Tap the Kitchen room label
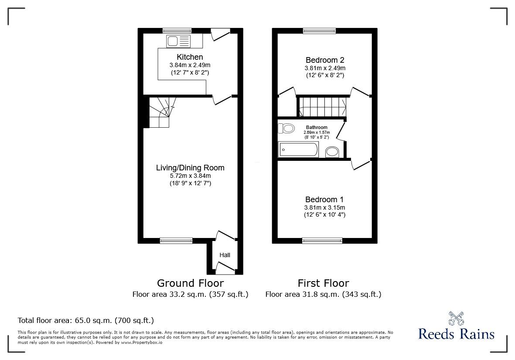(190, 57)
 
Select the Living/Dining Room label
(190, 168)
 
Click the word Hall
(225, 255)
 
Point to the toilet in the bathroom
(288, 129)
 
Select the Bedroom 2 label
(325, 60)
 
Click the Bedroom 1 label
(325, 200)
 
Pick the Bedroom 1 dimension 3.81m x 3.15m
(325, 207)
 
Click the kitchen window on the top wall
(177, 31)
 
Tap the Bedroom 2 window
(319, 31)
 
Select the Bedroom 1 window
(322, 240)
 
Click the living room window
(176, 240)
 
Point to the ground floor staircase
(160, 112)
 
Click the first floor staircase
(322, 107)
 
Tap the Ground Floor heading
(190, 283)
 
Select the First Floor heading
(323, 283)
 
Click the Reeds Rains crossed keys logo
(456, 319)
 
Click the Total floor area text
(85, 320)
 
